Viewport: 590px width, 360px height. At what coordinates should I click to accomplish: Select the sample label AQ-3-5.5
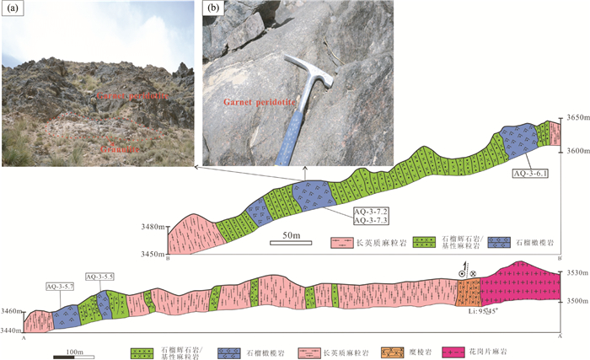tap(99, 277)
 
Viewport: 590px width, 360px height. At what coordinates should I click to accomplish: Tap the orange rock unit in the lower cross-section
tap(468, 293)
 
